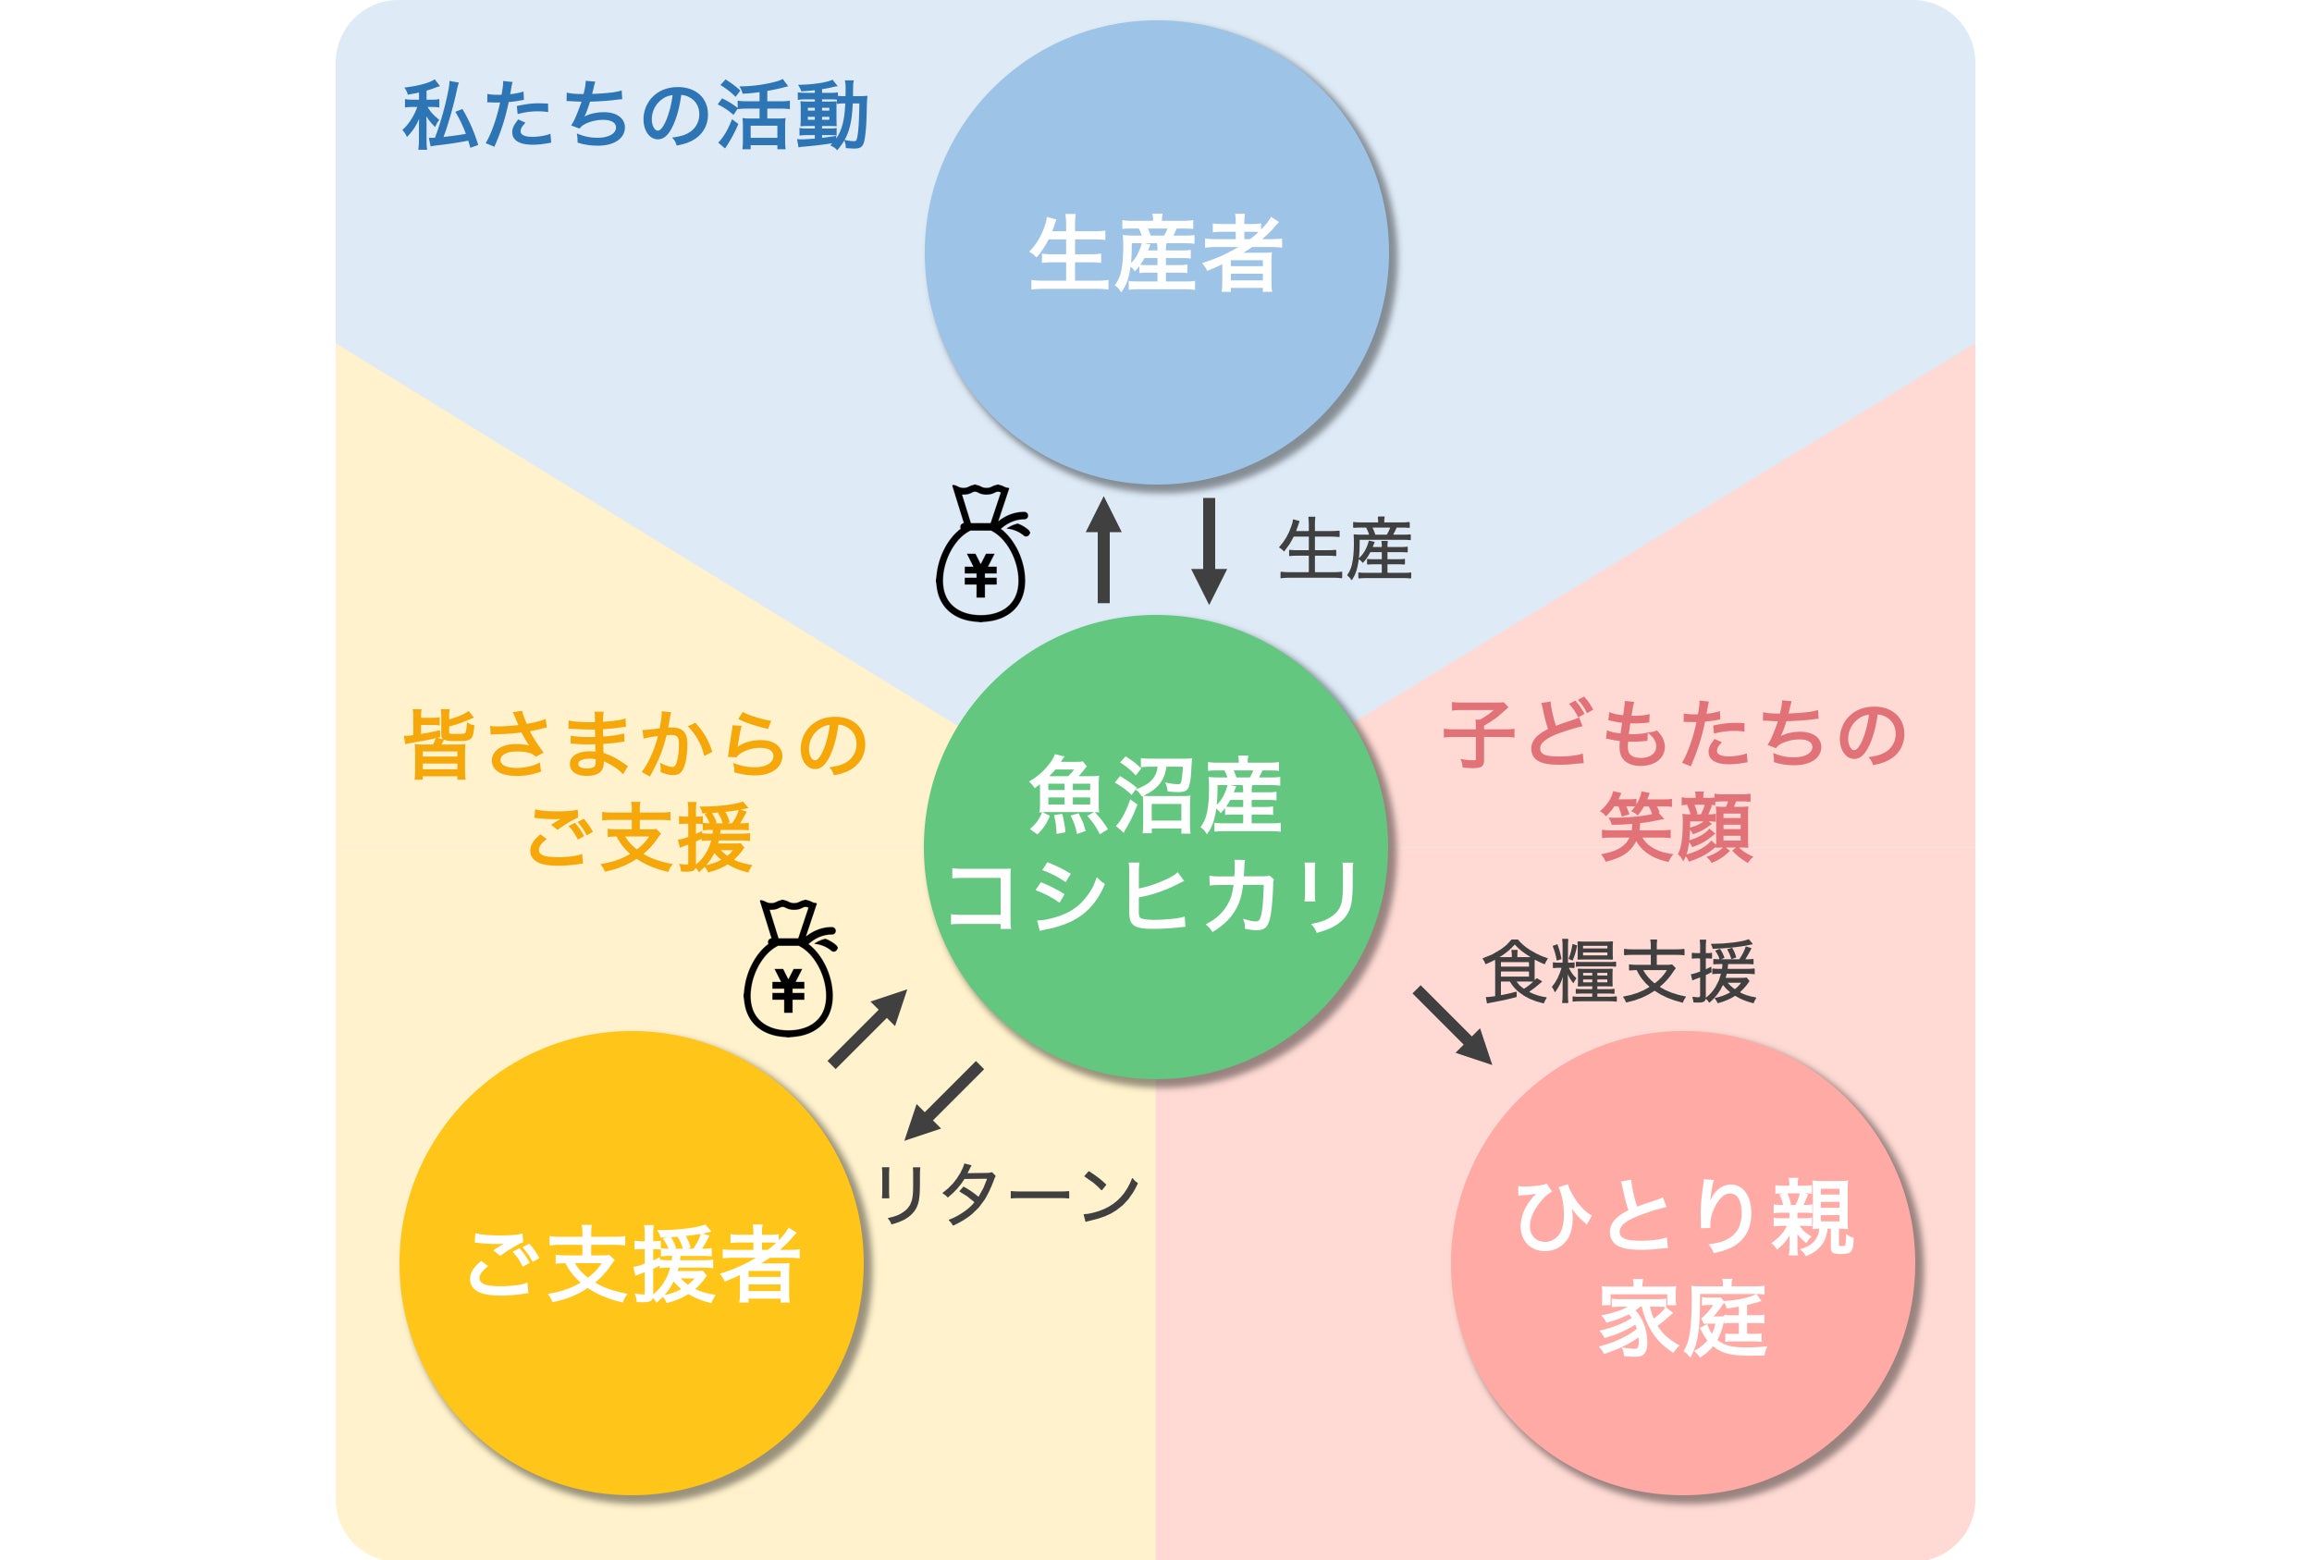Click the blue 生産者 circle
(1157, 252)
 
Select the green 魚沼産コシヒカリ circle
(1156, 847)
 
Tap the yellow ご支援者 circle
(632, 1262)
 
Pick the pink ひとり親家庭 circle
(1683, 1262)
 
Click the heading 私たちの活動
(635, 117)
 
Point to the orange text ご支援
(639, 837)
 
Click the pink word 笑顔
(1676, 827)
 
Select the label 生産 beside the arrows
(1345, 549)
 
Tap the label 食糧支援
(1618, 971)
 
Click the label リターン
(1007, 1194)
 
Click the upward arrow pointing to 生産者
(1103, 549)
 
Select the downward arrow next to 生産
(1209, 550)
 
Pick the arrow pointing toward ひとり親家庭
(1454, 1026)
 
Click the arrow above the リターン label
(943, 1101)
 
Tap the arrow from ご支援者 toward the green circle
(868, 1028)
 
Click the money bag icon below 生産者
(981, 553)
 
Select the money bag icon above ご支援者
(789, 968)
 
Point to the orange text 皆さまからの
(635, 744)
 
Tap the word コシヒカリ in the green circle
(1155, 895)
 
